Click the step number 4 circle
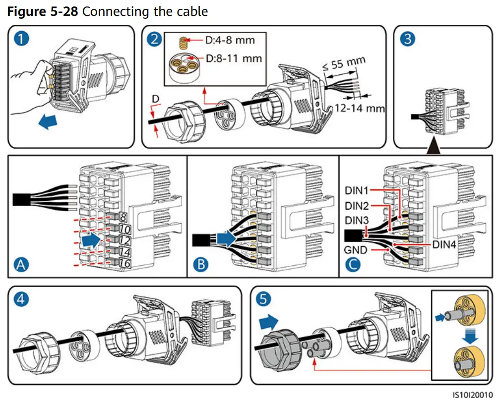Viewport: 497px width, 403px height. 21,299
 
